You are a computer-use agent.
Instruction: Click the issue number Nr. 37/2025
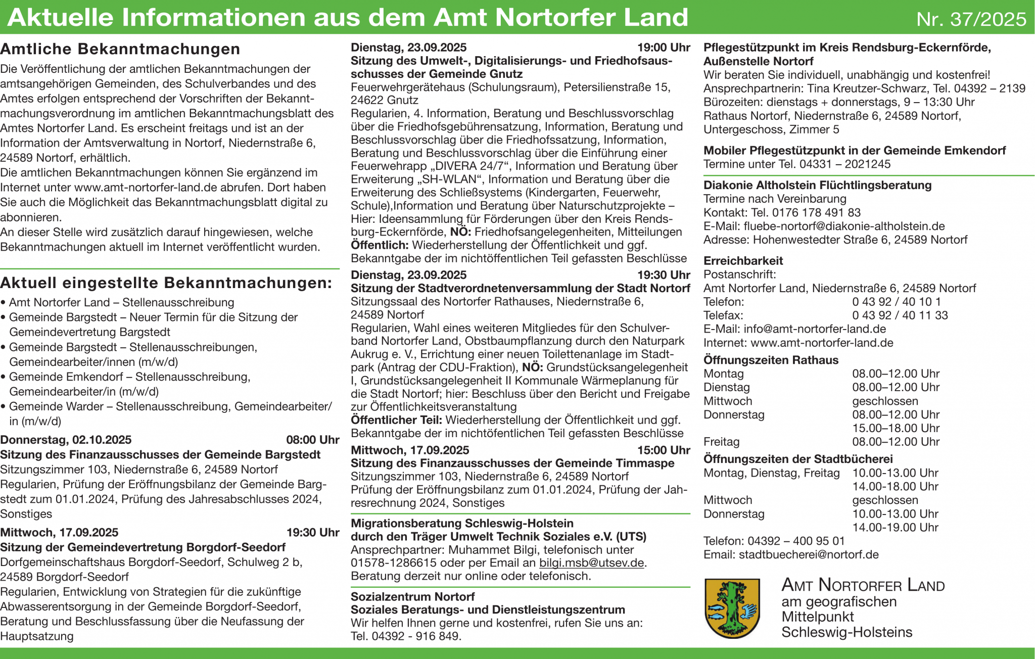(x=971, y=19)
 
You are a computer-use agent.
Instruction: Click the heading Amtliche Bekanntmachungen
(x=120, y=49)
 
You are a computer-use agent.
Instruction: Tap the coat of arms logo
(x=732, y=608)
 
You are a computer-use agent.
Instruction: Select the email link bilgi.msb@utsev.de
(x=591, y=563)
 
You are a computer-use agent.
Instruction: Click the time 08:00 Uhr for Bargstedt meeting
(x=312, y=440)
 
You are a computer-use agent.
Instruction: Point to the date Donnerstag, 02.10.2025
(x=66, y=440)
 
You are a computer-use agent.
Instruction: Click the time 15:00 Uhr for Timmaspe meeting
(x=663, y=450)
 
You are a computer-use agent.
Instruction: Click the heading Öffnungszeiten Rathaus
(x=771, y=360)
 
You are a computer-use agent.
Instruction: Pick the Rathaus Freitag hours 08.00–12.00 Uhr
(x=896, y=442)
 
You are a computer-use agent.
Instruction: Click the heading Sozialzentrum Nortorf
(x=412, y=596)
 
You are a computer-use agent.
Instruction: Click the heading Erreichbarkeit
(x=743, y=261)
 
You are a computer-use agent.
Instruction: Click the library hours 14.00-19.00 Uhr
(x=895, y=528)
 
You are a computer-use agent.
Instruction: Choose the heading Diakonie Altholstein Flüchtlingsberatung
(x=817, y=185)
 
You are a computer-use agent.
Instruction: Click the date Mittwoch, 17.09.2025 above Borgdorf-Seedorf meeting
(x=59, y=532)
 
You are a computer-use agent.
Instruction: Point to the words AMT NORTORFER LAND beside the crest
(x=863, y=585)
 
